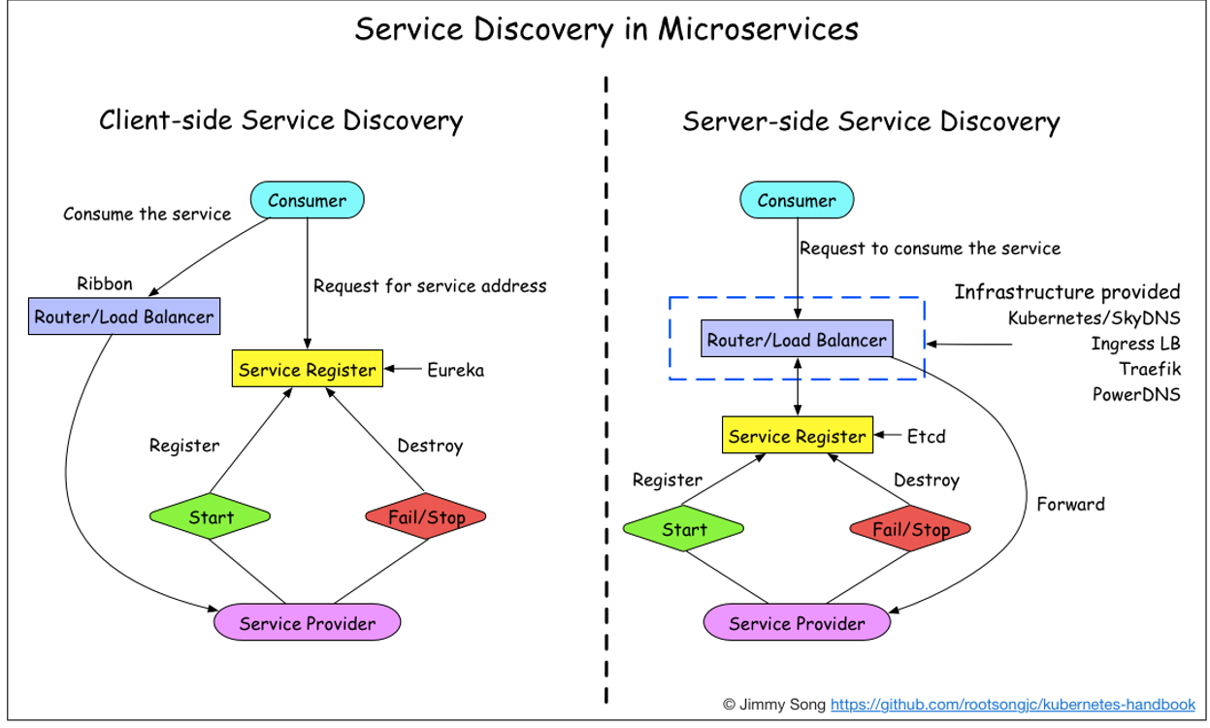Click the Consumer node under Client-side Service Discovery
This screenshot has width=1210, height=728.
[307, 201]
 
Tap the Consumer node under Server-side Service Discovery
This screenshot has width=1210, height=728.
[797, 201]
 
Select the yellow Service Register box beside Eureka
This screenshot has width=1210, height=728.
[307, 370]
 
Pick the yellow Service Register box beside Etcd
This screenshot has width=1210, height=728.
[797, 436]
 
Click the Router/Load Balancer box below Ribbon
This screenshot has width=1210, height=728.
[123, 316]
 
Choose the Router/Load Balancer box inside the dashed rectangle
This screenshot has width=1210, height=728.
[797, 340]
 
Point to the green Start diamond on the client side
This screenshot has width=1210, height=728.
[212, 517]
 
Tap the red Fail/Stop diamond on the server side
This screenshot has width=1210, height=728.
[911, 530]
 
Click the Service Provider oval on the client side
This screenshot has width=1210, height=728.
[307, 623]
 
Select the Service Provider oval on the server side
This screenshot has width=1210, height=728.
[797, 623]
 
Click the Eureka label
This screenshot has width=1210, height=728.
[455, 370]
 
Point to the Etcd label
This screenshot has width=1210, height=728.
[926, 436]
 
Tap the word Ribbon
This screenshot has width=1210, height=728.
[105, 284]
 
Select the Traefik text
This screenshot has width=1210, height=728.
[1150, 369]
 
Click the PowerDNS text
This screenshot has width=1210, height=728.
[1136, 394]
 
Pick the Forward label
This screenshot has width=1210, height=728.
[1070, 504]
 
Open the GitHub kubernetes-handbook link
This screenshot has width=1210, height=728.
[1013, 704]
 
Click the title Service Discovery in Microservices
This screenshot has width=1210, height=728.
[605, 29]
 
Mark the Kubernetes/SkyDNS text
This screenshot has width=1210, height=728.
[1094, 317]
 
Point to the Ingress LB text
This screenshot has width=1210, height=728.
[1135, 344]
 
